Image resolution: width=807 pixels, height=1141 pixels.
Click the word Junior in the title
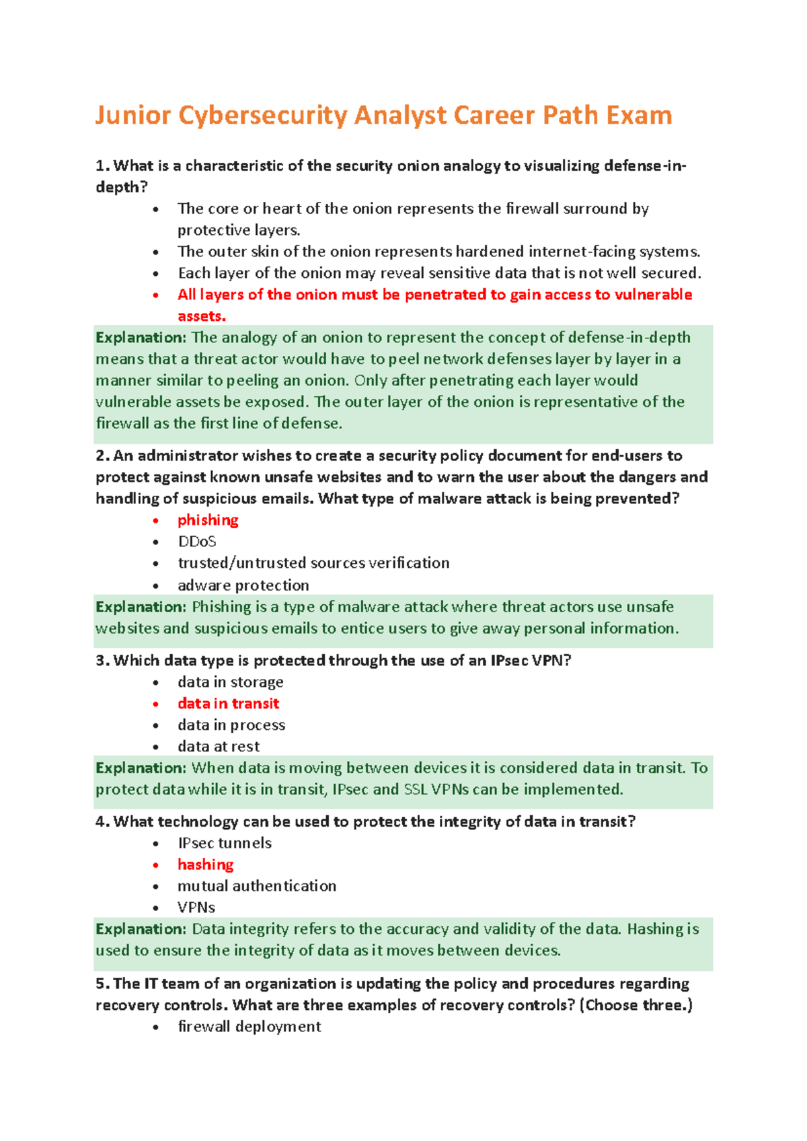tap(132, 116)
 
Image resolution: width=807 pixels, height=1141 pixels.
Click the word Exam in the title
tap(638, 116)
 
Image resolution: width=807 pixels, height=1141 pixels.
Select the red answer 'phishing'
tap(208, 520)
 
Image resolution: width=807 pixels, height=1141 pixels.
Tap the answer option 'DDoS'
tap(196, 542)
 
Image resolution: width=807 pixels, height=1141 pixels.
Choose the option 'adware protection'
tap(243, 585)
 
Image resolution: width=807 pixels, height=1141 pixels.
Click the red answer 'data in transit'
tap(228, 704)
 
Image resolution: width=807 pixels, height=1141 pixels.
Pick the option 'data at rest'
tap(218, 747)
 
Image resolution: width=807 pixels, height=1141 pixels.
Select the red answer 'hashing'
tap(205, 864)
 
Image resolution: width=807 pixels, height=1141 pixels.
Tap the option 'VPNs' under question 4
tap(196, 908)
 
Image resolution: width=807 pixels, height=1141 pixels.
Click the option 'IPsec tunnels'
tap(224, 843)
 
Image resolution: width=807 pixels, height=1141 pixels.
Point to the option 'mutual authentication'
tap(256, 886)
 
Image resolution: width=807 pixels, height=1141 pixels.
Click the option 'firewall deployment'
tap(249, 1027)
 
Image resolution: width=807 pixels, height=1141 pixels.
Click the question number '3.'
tap(102, 661)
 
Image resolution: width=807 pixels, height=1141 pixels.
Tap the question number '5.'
tap(102, 984)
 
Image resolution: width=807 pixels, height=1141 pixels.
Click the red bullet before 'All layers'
tap(156, 295)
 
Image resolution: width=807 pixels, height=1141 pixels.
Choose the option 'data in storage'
tap(230, 682)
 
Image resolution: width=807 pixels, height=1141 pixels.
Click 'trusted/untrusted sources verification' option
tap(313, 563)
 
